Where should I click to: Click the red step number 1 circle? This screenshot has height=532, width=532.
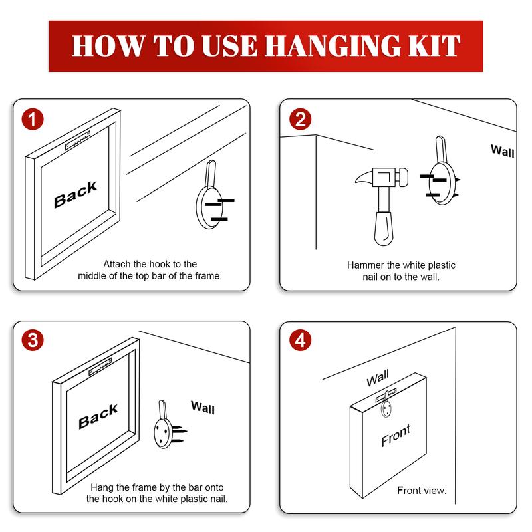33,120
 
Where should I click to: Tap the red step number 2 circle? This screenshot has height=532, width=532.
301,120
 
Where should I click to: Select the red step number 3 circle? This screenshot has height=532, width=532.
33,340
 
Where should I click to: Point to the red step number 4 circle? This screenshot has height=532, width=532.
301,340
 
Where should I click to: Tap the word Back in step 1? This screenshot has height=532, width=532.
75,194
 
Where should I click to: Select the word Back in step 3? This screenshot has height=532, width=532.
98,416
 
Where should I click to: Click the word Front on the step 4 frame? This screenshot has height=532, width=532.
396,436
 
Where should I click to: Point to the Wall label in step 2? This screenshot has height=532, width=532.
503,151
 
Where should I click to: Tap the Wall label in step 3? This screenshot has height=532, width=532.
203,408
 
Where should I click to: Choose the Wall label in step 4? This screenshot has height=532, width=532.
378,378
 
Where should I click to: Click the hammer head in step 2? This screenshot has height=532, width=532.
382,177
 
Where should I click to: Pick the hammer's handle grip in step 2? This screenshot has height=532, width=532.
384,228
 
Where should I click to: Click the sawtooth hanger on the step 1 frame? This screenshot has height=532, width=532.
78,140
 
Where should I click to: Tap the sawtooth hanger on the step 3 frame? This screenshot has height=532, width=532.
100,367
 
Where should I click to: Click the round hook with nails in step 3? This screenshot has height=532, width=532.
166,426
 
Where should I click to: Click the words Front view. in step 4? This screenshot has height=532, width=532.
422,491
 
